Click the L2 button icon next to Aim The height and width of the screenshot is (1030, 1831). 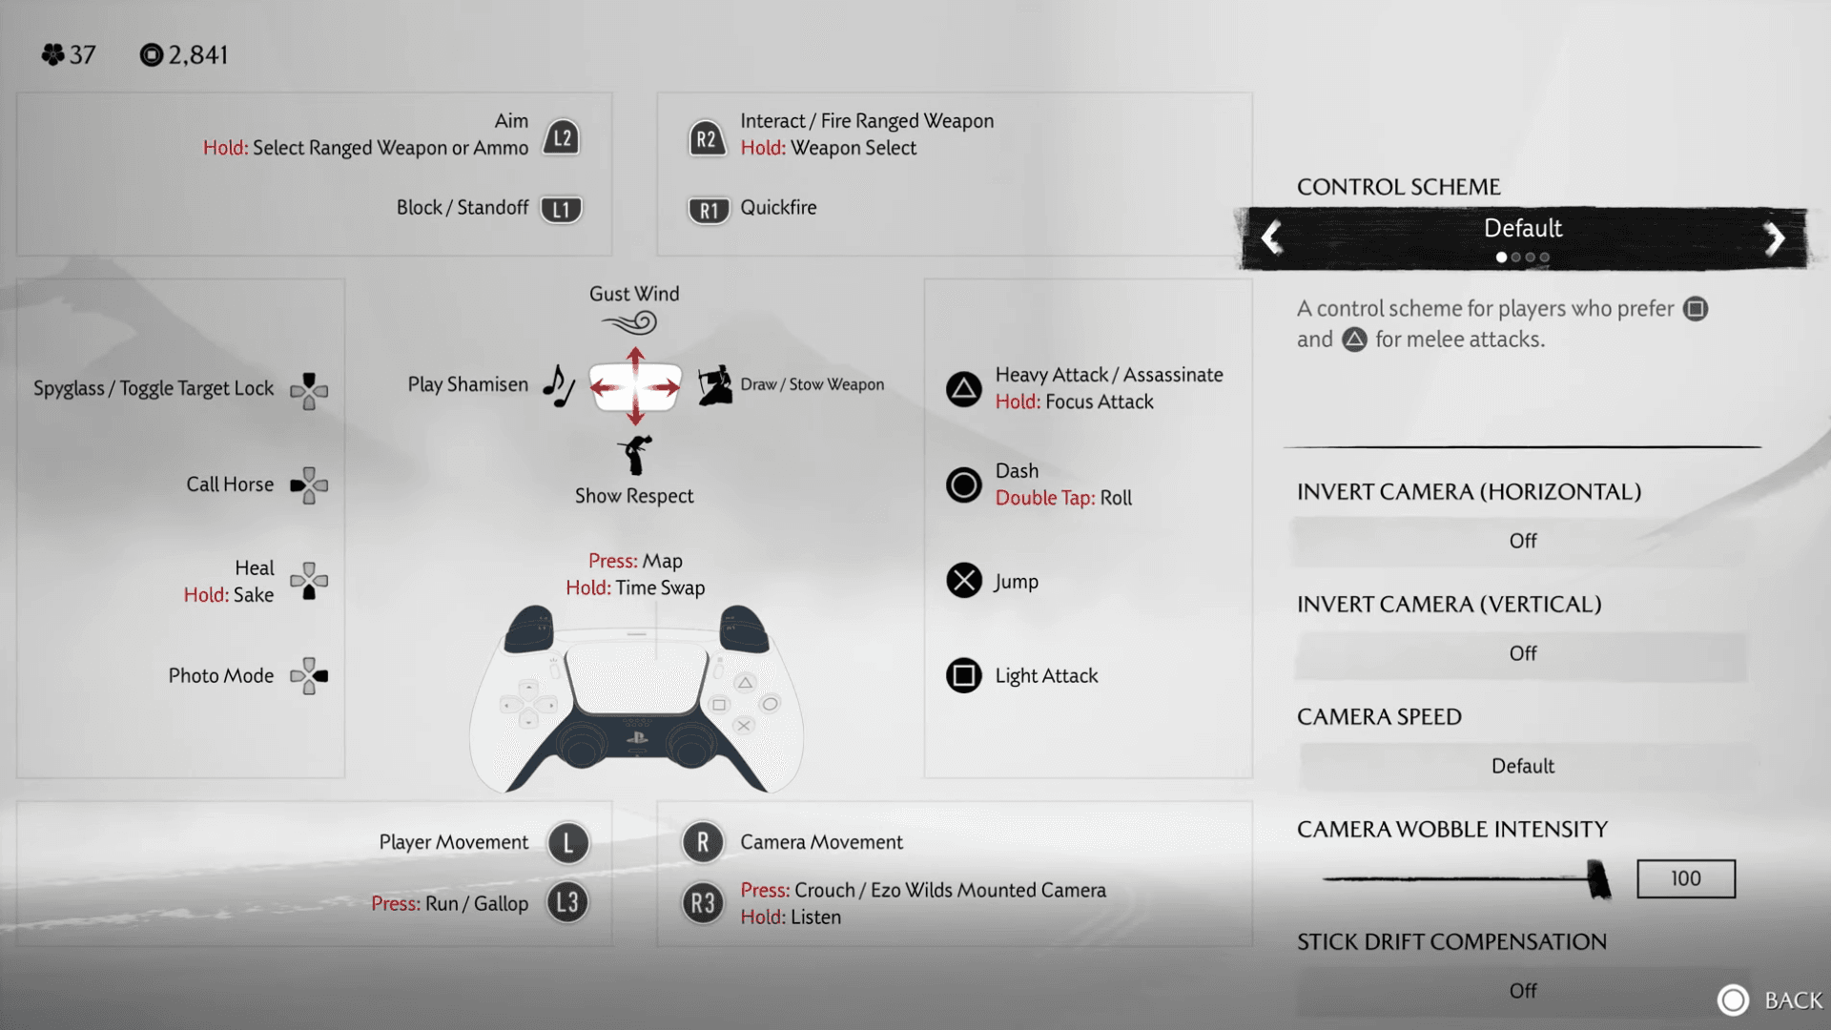coord(562,137)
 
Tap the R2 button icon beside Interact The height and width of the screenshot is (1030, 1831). coord(706,139)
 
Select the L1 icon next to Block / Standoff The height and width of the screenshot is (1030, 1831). coord(561,209)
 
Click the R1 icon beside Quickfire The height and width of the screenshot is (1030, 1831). coord(709,210)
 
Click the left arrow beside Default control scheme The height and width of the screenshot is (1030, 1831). coord(1271,237)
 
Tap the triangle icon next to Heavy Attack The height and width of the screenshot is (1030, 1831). coord(963,389)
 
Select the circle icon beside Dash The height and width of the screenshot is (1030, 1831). coord(963,484)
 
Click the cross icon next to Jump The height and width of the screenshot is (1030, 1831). coord(963,580)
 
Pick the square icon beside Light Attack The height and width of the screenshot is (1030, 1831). coord(963,675)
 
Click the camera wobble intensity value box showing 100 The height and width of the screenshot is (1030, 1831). coord(1685,878)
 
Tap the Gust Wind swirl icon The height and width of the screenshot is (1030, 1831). coord(631,323)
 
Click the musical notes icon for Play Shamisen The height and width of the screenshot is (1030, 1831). coord(559,385)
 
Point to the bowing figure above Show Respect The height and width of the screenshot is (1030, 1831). coord(635,454)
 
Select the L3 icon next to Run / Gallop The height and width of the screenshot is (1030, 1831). coord(567,902)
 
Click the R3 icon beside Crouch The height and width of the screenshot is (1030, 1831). coord(703,903)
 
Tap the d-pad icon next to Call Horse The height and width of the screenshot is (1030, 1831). coord(309,485)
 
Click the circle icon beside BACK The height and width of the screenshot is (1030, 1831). coord(1733,999)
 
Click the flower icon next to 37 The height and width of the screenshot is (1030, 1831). coord(52,55)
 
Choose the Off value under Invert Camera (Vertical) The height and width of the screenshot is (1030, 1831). coord(1522,653)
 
